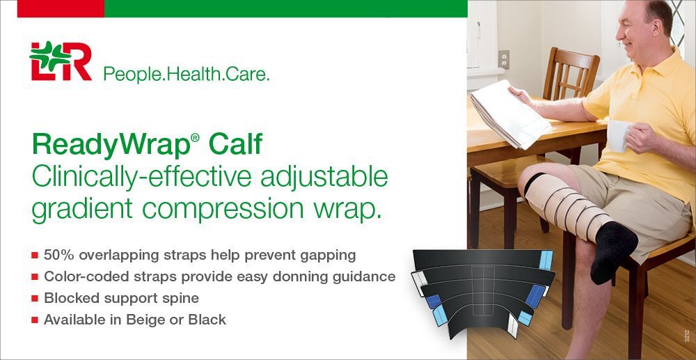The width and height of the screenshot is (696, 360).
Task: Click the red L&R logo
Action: point(61,61)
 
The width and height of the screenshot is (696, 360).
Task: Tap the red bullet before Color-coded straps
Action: point(34,277)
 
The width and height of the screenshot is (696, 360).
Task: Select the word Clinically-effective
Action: point(143,177)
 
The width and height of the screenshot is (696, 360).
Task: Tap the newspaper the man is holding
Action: point(509,114)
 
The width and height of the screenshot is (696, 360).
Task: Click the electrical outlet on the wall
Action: point(503,59)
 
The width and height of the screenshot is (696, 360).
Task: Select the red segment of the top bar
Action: point(61,8)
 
